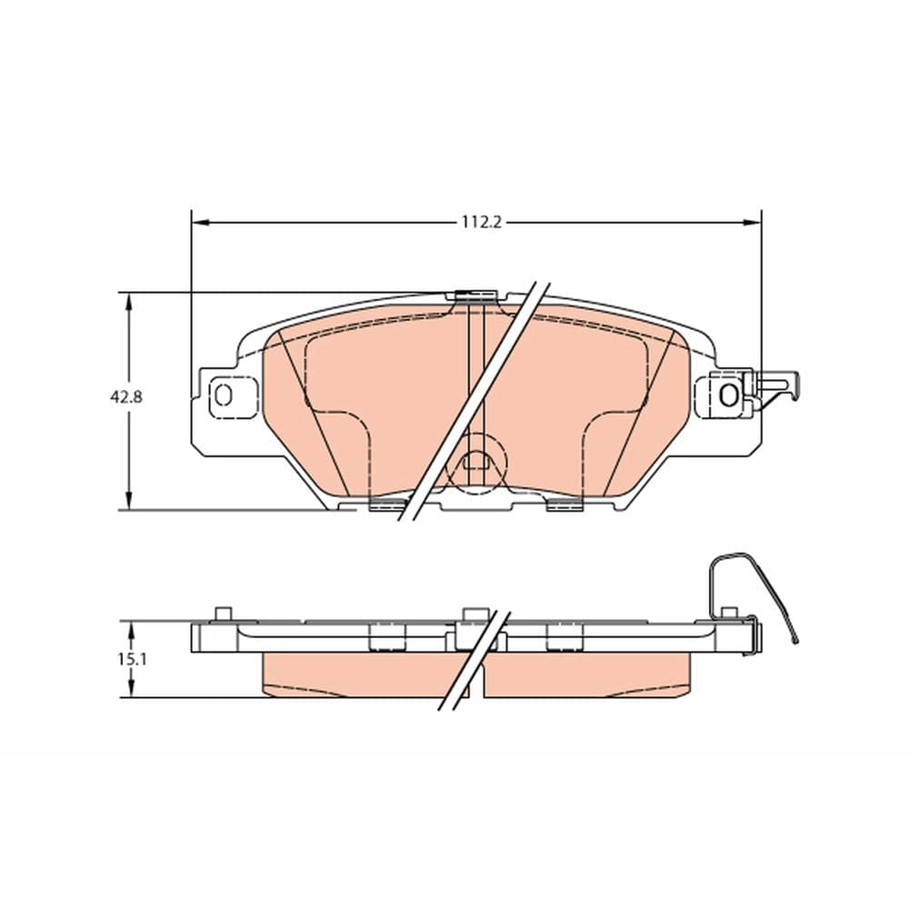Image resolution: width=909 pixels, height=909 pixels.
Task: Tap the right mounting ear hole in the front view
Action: tap(728, 395)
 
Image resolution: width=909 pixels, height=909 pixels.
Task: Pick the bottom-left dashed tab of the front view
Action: tap(387, 504)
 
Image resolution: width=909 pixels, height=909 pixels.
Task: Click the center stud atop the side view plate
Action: tap(472, 614)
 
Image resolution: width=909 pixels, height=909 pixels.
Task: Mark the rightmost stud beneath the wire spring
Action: tap(727, 614)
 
